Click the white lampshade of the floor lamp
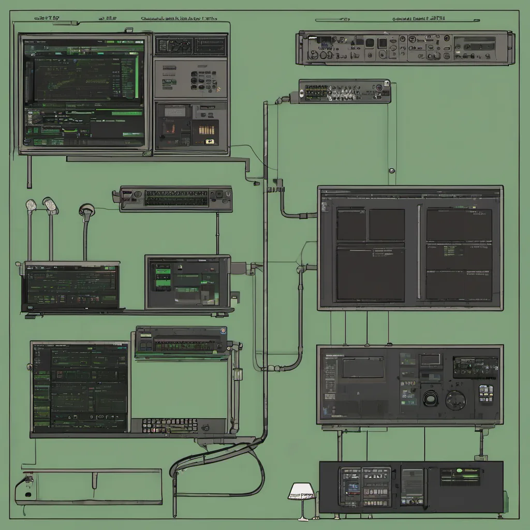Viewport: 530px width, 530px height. pos(301,491)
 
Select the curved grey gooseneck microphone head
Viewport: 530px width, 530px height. pos(86,210)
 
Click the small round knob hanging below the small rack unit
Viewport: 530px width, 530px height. pos(392,170)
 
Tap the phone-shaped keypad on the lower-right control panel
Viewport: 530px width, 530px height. pos(486,393)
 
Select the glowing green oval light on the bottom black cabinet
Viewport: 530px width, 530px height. pos(459,471)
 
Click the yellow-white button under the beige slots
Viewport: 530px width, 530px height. pos(210,141)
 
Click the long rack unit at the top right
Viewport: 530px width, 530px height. pos(405,48)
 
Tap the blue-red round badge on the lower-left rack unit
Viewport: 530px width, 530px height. pos(224,330)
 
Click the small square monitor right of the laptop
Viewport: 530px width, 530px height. pos(187,282)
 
